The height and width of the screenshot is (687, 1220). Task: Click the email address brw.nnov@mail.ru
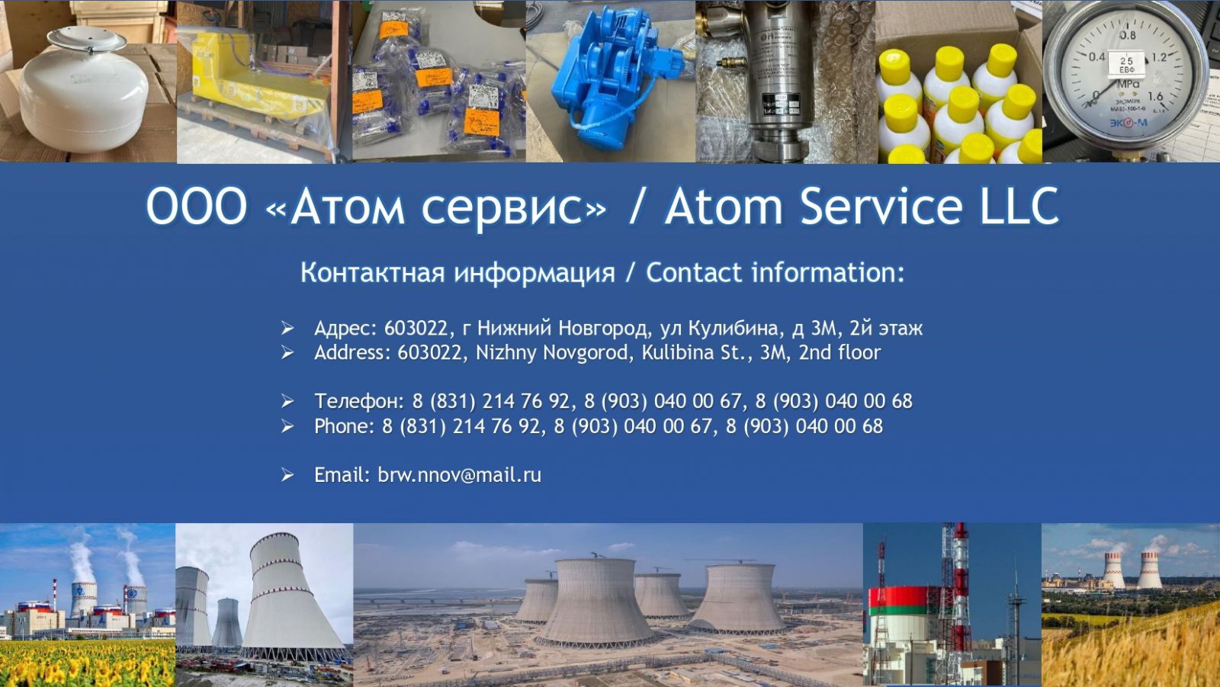459,475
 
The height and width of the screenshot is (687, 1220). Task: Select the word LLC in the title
1019,206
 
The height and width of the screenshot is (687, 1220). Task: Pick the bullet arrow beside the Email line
287,475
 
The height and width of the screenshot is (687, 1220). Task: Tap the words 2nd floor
840,352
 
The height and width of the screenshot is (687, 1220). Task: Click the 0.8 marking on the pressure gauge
1128,35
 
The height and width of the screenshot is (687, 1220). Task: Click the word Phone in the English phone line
345,426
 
